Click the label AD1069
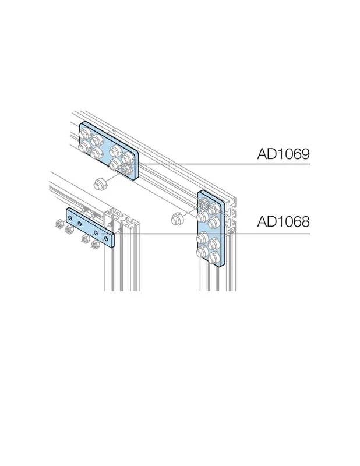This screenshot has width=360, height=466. (283, 154)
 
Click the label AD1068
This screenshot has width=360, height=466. (283, 221)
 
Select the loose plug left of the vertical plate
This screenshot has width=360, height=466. (178, 219)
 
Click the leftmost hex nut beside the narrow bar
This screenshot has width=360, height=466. (59, 223)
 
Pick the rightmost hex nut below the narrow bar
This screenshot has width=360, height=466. (96, 244)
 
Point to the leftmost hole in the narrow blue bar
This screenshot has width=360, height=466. (70, 218)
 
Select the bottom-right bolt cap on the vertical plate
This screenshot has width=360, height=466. (214, 257)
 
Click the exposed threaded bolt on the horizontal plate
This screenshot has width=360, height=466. (128, 169)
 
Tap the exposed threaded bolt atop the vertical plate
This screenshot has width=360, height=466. (204, 203)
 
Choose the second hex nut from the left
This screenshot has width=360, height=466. (70, 229)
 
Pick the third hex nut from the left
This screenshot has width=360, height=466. (86, 238)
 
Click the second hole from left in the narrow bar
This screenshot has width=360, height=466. (79, 223)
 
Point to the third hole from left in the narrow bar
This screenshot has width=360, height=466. (96, 231)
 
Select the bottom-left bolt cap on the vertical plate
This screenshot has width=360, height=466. (202, 253)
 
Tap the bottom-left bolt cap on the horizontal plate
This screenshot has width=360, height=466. (83, 146)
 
